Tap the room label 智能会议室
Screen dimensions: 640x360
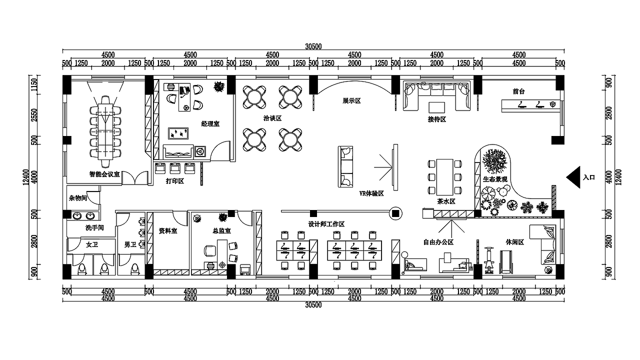point(104,174)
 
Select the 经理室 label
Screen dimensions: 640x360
point(210,123)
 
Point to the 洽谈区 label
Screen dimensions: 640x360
point(272,118)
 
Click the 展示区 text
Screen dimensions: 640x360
point(351,101)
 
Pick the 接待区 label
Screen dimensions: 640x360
point(437,119)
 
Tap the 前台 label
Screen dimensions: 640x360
point(518,91)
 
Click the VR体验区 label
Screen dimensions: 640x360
point(371,193)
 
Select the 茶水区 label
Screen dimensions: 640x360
point(446,201)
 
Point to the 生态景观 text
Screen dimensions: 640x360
point(495,179)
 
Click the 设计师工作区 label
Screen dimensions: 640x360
point(326,224)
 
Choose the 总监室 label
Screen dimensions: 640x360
point(221,230)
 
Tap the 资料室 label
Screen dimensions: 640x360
point(168,230)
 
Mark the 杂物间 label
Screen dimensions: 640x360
point(77,198)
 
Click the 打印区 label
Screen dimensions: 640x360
point(175,181)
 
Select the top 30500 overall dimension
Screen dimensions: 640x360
point(313,46)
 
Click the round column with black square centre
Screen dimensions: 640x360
point(395,213)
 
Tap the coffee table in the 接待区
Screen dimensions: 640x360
point(436,107)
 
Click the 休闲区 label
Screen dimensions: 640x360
point(515,242)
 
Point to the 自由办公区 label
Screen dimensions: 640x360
point(438,242)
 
